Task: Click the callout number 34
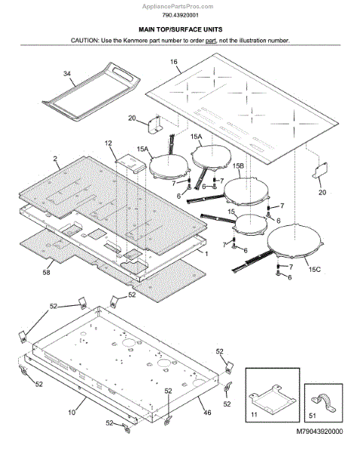pyautogui.click(x=67, y=74)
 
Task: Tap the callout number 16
pyautogui.click(x=174, y=62)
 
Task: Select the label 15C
pyautogui.click(x=315, y=270)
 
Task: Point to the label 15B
pyautogui.click(x=238, y=166)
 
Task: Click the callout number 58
pyautogui.click(x=46, y=272)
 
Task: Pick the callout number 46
pyautogui.click(x=207, y=413)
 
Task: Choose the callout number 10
pyautogui.click(x=72, y=413)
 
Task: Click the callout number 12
pyautogui.click(x=108, y=143)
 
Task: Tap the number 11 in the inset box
pyautogui.click(x=254, y=414)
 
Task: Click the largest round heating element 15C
pyautogui.click(x=294, y=242)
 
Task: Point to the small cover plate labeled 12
pyautogui.click(x=130, y=163)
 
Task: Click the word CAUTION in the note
pyautogui.click(x=84, y=41)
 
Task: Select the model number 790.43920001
pyautogui.click(x=180, y=15)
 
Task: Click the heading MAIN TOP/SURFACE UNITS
pyautogui.click(x=181, y=29)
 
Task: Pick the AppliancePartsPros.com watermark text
pyautogui.click(x=178, y=6)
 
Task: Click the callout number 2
pyautogui.click(x=55, y=159)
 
